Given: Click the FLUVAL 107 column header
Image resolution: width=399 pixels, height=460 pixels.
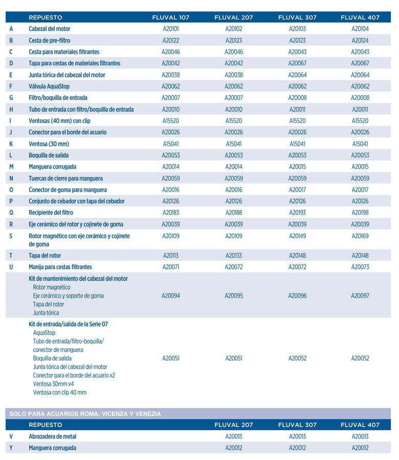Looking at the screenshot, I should point(170,17).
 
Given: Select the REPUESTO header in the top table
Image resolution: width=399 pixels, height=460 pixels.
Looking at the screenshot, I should point(46,17).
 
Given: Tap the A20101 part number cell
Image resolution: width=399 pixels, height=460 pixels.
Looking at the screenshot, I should point(170,29).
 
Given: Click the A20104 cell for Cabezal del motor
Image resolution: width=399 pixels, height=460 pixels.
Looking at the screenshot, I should point(360,29).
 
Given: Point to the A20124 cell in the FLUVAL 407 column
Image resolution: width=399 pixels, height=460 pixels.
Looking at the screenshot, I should point(360,40).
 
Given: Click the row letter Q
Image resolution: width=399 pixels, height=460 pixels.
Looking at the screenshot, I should point(11,213).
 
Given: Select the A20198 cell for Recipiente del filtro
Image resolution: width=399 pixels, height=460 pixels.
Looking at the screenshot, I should point(360,213).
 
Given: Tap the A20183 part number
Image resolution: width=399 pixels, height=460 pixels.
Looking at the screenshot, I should point(170,213).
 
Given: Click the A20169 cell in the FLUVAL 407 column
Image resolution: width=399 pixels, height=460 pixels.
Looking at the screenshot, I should point(360,236).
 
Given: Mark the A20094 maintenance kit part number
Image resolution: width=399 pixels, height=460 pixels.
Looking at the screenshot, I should point(170,296).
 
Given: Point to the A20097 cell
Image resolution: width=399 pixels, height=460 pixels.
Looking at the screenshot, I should point(360,296).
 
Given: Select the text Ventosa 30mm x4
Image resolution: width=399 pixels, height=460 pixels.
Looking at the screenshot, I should point(53,384).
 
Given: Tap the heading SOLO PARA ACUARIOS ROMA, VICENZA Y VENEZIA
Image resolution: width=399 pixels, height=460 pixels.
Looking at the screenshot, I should point(85,413).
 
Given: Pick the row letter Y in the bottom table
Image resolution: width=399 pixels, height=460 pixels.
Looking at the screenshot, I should point(11,448).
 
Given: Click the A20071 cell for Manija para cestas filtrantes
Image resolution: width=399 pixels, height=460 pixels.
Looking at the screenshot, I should point(170,267).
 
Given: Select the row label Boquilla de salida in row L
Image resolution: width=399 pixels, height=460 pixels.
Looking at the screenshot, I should point(49,155).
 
